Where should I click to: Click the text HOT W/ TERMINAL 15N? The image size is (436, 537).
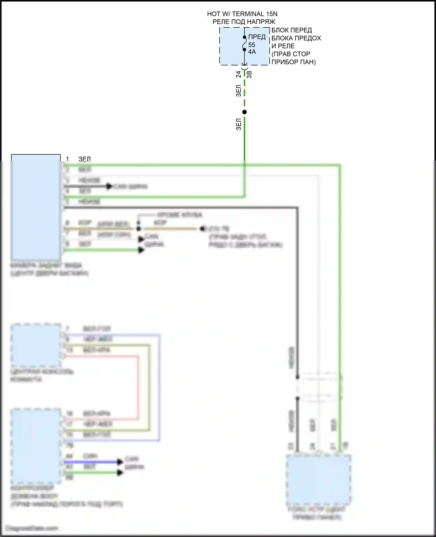point(242,14)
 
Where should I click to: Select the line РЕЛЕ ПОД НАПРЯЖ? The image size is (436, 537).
point(244,22)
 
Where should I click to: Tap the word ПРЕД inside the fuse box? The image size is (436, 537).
point(257,37)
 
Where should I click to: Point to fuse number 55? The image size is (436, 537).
point(251,45)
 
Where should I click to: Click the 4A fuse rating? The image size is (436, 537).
point(252,52)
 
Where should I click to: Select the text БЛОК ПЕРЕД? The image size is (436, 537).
point(292,30)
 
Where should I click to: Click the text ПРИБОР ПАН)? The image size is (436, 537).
point(293,62)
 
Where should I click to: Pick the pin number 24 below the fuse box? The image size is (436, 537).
point(238,74)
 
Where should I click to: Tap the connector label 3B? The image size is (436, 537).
point(249,74)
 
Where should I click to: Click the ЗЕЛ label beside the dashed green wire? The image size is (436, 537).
point(239,90)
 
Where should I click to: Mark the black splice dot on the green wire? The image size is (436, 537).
point(244,112)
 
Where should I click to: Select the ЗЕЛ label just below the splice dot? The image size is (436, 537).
point(239,124)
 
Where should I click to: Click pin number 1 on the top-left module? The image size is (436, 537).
point(67,159)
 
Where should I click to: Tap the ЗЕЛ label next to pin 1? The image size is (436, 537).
point(85,159)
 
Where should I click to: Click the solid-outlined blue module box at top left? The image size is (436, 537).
point(36,207)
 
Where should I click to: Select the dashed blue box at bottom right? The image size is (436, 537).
point(319,480)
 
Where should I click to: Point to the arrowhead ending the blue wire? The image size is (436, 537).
point(120,462)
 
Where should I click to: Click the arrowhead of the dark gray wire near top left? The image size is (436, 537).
point(109,186)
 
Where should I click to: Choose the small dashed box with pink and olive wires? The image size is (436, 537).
point(36,345)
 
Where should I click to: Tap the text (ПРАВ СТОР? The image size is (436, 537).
point(291,54)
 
